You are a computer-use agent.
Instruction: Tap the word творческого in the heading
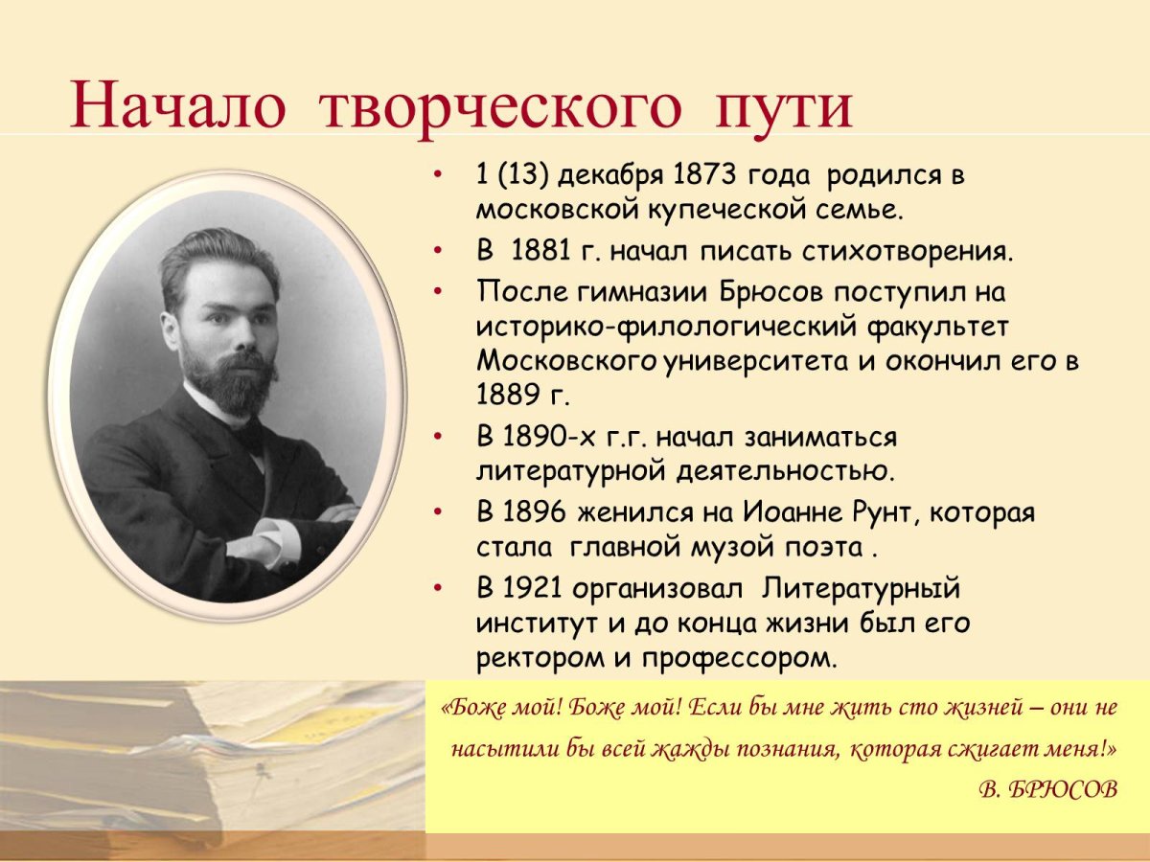[499, 106]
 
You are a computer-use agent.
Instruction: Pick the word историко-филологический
[668, 326]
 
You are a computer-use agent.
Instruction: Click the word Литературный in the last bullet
[862, 586]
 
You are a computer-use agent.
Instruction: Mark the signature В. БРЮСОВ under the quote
[1048, 789]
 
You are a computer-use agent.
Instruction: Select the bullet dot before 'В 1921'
[437, 586]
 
